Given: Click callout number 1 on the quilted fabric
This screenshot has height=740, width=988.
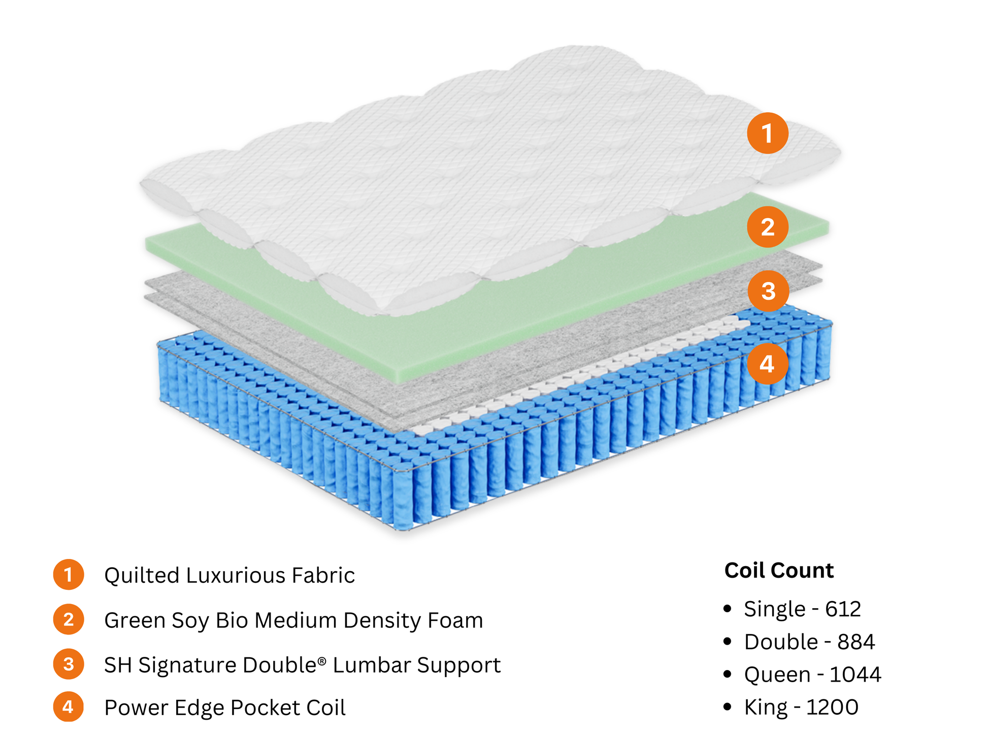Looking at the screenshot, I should tap(767, 133).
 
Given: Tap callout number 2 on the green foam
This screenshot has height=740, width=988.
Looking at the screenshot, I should tap(767, 227).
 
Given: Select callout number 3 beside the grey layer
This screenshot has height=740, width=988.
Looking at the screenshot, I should tap(768, 291).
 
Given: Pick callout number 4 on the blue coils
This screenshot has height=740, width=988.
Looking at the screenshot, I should tap(767, 364).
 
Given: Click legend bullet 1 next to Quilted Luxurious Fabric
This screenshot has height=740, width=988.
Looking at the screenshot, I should tap(69, 575).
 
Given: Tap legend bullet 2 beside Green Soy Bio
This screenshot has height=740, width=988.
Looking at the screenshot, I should tap(69, 619).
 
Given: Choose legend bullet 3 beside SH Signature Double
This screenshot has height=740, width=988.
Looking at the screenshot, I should tap(69, 664).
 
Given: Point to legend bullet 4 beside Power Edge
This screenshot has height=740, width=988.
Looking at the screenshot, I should tap(69, 707).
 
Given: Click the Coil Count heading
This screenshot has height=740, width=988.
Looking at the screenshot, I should tap(779, 571).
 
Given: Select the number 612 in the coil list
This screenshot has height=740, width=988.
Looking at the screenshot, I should tap(843, 609).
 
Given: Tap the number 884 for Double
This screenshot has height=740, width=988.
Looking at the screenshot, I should tap(856, 642).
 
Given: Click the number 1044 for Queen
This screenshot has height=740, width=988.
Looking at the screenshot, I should tap(855, 675).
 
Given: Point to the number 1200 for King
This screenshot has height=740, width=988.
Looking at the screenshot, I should tap(832, 707).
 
